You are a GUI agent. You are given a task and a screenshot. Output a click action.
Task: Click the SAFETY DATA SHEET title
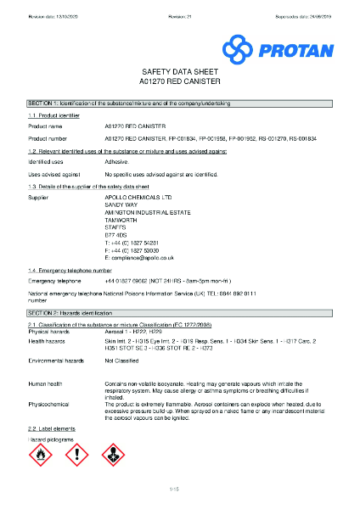coord(179,74)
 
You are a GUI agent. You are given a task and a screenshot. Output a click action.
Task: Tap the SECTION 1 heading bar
coord(179,102)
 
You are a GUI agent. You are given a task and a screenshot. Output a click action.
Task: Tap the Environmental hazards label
coord(56,361)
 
